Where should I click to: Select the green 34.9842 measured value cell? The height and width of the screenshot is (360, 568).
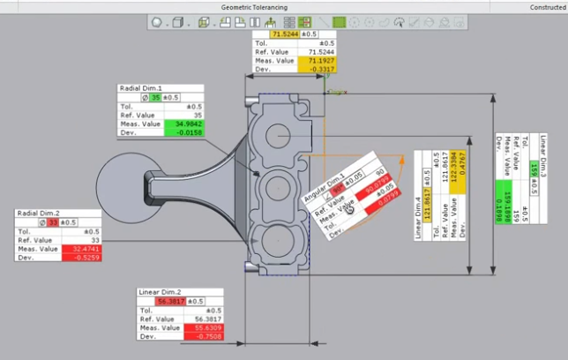click(x=184, y=124)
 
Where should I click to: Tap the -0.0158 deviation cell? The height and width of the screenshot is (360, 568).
click(x=184, y=133)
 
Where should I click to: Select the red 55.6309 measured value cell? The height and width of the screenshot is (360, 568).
click(x=204, y=327)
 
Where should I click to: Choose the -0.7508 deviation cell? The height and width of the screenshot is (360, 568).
click(x=204, y=336)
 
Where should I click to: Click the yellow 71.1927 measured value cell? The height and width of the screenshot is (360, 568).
click(x=318, y=60)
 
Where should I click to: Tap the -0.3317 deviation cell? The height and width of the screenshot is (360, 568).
click(x=318, y=69)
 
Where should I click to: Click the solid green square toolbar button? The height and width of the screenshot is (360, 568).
click(x=339, y=22)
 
